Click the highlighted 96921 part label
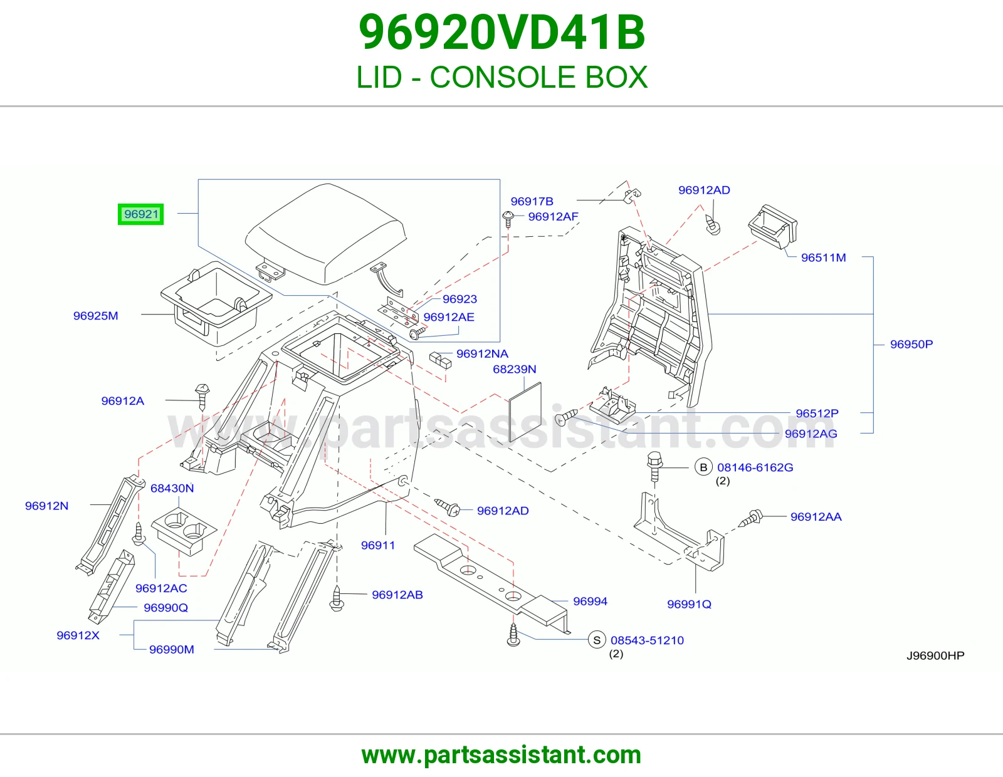tap(141, 214)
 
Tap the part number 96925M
tap(95, 316)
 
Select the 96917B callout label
tap(532, 201)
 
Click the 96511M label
tap(824, 258)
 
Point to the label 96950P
tap(911, 344)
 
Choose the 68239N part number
tap(515, 369)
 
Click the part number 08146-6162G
tap(755, 467)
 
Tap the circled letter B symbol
tap(703, 467)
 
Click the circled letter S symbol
tap(597, 640)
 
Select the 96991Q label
tap(689, 604)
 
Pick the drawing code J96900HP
tap(935, 655)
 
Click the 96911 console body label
tap(378, 545)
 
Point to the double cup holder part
tap(184, 531)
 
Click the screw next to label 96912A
tap(202, 397)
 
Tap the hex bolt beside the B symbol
tap(655, 467)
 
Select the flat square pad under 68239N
tap(525, 412)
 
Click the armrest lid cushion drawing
tap(326, 233)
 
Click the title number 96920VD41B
tap(501, 33)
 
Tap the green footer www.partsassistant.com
tap(501, 755)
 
